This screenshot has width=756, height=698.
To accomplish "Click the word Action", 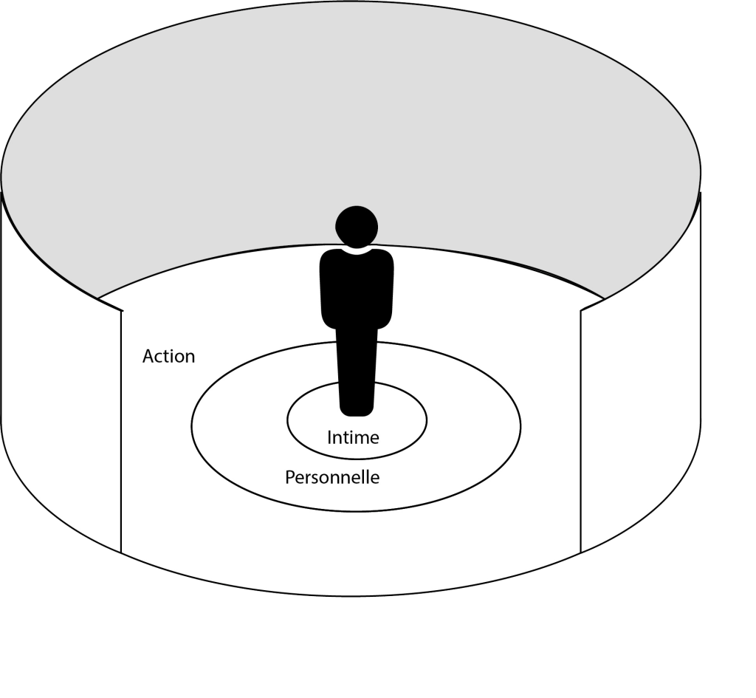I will tap(168, 356).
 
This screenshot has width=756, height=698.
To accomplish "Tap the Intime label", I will tap(353, 437).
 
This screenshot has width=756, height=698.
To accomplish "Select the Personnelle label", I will tap(332, 477).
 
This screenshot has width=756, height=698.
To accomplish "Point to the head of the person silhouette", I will tap(357, 225).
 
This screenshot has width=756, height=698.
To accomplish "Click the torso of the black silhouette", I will tap(357, 288).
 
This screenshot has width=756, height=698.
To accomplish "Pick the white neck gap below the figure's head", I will tap(357, 250).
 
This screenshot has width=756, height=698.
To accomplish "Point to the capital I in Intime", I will tap(329, 437).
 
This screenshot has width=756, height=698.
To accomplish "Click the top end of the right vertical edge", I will tap(581, 311).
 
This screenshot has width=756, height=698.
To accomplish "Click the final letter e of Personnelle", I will tap(375, 479).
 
